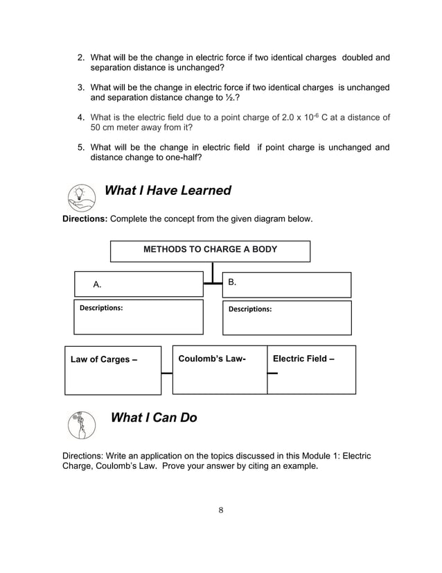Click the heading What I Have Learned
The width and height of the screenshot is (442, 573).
167,191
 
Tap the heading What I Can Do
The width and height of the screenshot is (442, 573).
154,418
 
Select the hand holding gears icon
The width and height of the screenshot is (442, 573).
82,424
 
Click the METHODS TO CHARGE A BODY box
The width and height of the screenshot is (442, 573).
210,250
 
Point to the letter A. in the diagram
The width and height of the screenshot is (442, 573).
98,284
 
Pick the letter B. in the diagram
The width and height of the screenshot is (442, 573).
233,282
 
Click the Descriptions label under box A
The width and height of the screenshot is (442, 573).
102,307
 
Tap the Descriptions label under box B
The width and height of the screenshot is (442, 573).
250,309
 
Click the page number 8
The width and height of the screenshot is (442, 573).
220,511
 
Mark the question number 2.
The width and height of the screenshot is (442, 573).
80,57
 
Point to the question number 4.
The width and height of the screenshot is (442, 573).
80,117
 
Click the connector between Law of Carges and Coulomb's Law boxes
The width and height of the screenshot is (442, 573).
166,373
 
